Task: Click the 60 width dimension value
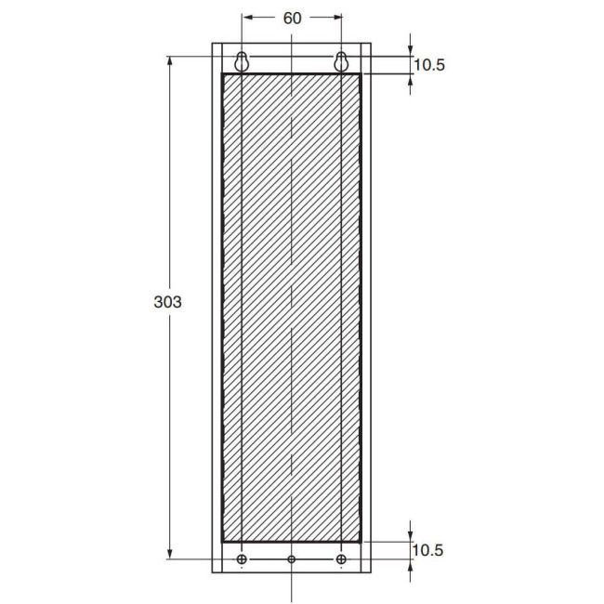292,18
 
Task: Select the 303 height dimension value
166,302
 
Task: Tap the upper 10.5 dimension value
428,65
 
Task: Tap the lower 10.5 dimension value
428,550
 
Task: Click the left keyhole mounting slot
242,61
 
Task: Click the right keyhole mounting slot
342,61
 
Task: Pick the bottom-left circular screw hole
243,559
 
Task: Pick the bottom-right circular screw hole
342,559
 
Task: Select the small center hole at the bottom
292,559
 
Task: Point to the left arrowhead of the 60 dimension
245,18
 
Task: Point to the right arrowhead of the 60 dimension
338,18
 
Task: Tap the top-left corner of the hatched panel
222,73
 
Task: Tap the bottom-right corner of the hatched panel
361,541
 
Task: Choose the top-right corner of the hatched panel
361,73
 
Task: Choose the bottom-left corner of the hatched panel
222,541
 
